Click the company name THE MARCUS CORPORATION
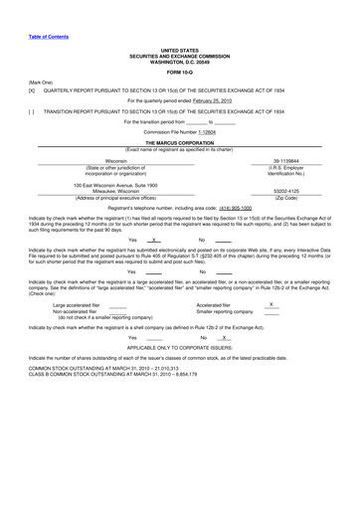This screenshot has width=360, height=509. [179, 142]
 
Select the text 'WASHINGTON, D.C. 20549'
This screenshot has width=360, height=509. [179, 58]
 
